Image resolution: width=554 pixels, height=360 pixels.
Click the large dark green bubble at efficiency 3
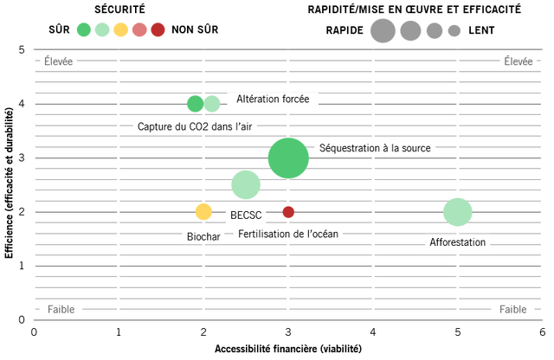[x=288, y=158]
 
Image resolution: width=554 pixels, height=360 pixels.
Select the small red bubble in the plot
[x=288, y=212]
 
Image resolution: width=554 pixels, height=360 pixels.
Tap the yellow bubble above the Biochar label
[x=203, y=212]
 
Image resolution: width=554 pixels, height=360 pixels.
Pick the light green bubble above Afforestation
[x=458, y=212]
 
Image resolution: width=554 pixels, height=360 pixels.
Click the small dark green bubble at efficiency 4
[x=195, y=104]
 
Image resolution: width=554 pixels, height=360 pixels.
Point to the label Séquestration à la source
[x=375, y=148]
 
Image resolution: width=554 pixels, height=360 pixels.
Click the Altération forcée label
[x=273, y=99]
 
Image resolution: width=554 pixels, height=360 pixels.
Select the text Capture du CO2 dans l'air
[x=195, y=126]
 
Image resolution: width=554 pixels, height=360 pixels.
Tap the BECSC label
[x=246, y=215]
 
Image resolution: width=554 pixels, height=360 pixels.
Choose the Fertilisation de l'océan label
[x=288, y=234]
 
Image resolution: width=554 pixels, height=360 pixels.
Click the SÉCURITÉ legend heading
[x=119, y=10]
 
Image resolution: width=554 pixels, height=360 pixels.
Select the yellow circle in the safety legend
[x=120, y=29]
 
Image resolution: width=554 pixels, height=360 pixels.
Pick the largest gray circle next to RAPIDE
[x=383, y=31]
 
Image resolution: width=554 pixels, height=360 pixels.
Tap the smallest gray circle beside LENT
[x=454, y=31]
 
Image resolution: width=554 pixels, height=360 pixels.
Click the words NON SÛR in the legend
[x=195, y=29]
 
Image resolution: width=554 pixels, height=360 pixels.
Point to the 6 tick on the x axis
[x=543, y=332]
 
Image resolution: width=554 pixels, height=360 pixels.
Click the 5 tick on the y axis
[x=22, y=50]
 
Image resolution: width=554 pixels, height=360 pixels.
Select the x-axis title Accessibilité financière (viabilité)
[x=288, y=349]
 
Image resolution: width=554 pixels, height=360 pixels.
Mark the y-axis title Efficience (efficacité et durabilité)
[x=9, y=183]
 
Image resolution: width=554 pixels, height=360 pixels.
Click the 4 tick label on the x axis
[x=373, y=332]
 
